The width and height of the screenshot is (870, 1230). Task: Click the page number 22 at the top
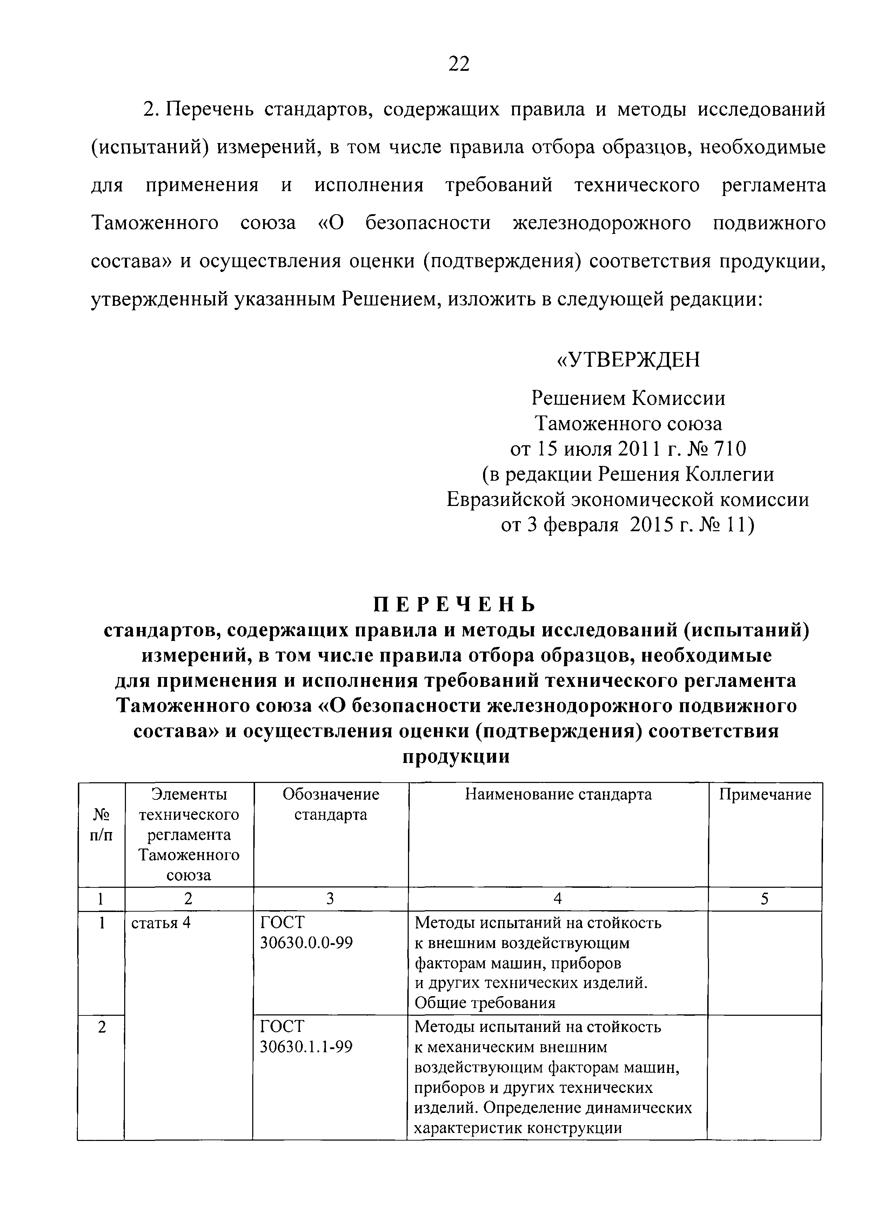(x=458, y=64)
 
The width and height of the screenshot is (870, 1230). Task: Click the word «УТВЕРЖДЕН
(x=628, y=359)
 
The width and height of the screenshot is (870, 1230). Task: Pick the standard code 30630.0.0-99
(x=306, y=943)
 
